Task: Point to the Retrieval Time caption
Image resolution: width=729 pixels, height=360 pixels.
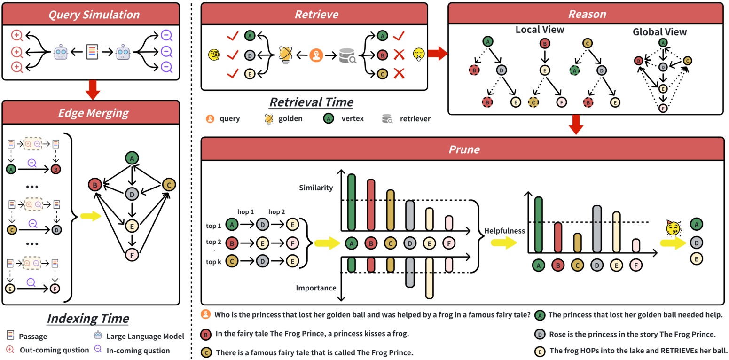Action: pyautogui.click(x=311, y=102)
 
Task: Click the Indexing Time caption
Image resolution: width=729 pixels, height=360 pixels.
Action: pyautogui.click(x=88, y=318)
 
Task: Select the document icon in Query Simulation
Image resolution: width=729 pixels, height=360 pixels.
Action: pyautogui.click(x=93, y=51)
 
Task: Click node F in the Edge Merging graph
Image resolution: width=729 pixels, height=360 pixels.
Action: pyautogui.click(x=133, y=255)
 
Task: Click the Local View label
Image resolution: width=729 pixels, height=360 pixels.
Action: pyautogui.click(x=540, y=30)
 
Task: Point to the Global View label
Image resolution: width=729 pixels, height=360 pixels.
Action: pyautogui.click(x=659, y=32)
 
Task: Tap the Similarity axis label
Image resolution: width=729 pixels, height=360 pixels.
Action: pyautogui.click(x=316, y=188)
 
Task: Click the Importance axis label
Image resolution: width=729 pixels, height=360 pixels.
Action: pyautogui.click(x=316, y=288)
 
